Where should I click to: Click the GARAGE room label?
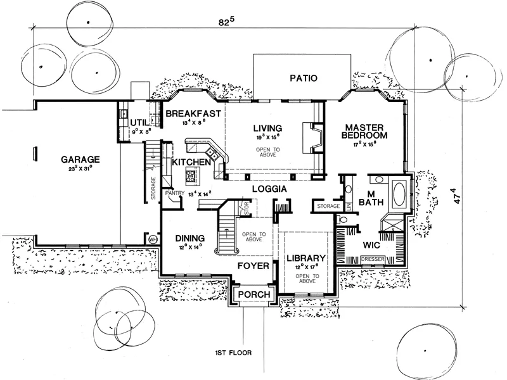pos(82,159)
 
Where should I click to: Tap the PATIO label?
pos(303,79)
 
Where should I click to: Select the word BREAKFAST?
pos(193,114)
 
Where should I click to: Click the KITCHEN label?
pos(191,163)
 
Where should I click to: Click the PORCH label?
pos(253,294)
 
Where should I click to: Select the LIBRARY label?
pos(306,259)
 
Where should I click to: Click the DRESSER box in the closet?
pos(373,259)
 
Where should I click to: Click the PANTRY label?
pos(174,192)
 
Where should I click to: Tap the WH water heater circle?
pos(152,240)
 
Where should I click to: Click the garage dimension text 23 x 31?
pos(82,168)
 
